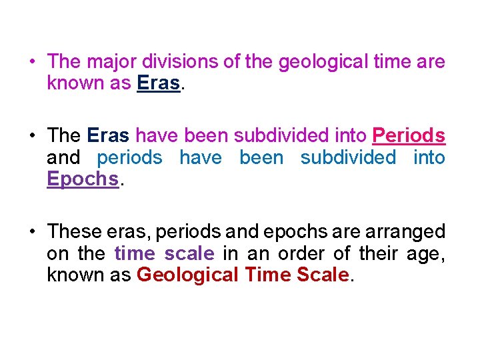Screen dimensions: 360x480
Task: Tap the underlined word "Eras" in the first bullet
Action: (x=158, y=83)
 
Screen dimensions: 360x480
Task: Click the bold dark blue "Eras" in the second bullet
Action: (x=109, y=135)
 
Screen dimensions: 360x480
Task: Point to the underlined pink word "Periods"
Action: (x=409, y=135)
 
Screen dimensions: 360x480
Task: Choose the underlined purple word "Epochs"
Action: (x=82, y=179)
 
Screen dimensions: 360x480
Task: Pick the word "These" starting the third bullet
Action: (x=73, y=231)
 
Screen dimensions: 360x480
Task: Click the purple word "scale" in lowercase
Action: (x=189, y=253)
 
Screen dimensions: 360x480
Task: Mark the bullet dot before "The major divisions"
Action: (x=32, y=62)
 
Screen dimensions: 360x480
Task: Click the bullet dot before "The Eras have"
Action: (x=32, y=136)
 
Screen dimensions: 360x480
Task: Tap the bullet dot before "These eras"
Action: (x=32, y=232)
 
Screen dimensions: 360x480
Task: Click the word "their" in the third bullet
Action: (x=378, y=253)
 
